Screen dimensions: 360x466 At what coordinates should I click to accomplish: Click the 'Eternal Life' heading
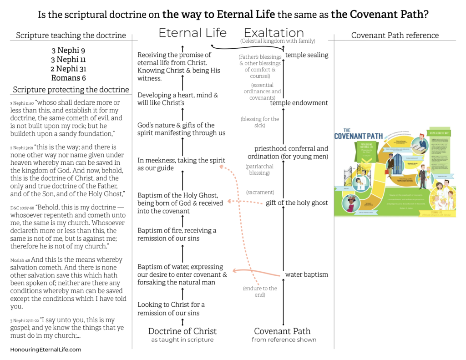(x=192, y=33)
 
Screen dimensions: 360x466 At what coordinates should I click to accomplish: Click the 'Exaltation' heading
(x=274, y=33)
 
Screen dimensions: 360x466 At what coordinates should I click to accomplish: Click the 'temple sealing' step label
(x=306, y=55)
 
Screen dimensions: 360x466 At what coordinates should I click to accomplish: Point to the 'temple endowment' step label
(x=299, y=103)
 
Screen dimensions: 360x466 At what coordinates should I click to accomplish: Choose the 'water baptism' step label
(x=306, y=274)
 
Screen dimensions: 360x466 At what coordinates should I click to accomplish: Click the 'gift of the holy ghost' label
(x=297, y=203)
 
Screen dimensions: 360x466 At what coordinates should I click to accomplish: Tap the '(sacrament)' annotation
(x=260, y=193)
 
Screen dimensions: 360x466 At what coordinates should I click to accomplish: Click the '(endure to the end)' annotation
(x=260, y=291)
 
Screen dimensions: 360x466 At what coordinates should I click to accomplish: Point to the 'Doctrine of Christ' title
(x=182, y=331)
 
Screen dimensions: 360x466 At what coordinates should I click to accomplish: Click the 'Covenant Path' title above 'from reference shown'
(x=282, y=331)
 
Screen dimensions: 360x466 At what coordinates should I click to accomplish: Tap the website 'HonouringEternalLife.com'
(x=46, y=350)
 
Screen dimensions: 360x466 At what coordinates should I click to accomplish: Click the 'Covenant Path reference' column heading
(x=395, y=35)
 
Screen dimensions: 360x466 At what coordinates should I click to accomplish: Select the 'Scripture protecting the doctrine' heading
(x=71, y=90)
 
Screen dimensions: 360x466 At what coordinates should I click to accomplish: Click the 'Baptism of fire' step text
(x=177, y=234)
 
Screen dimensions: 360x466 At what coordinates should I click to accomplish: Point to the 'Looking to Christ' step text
(x=171, y=309)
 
